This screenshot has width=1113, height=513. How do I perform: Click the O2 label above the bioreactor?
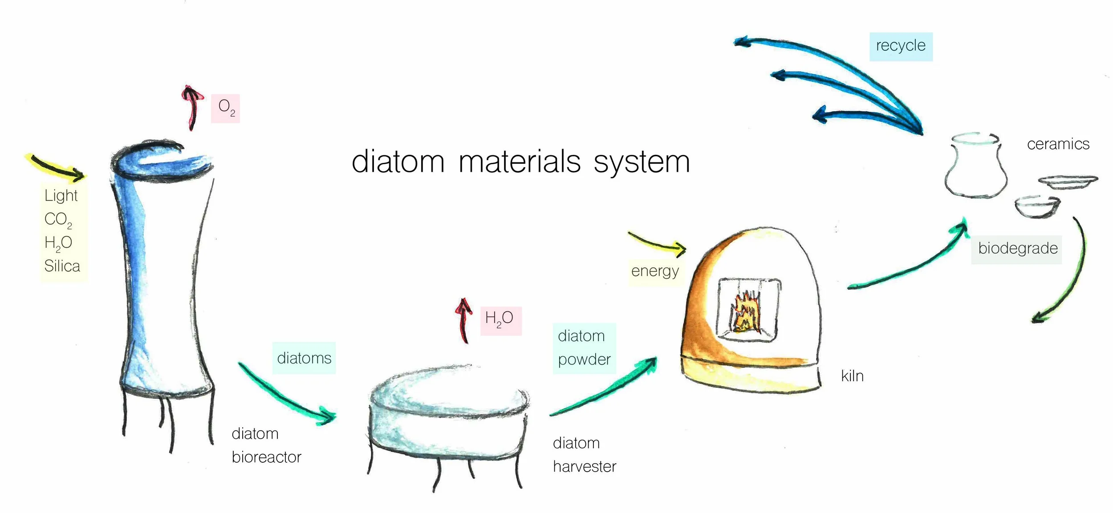click(x=226, y=108)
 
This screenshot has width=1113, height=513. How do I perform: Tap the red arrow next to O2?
click(x=192, y=106)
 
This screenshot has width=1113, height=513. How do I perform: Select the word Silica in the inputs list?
click(x=62, y=266)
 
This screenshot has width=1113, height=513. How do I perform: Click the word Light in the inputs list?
click(x=61, y=196)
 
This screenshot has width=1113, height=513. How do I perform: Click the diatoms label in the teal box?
click(x=304, y=358)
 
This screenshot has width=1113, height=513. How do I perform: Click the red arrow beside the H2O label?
click(x=464, y=320)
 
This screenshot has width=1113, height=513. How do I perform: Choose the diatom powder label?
click(x=584, y=348)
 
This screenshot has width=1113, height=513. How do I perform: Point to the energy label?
click(x=654, y=271)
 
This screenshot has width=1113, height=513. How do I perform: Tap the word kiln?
click(x=852, y=376)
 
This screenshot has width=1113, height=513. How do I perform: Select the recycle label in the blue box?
click(x=901, y=46)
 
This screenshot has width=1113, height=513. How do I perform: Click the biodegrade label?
click(x=1017, y=248)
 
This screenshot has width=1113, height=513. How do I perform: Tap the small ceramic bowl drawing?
click(x=1037, y=207)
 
